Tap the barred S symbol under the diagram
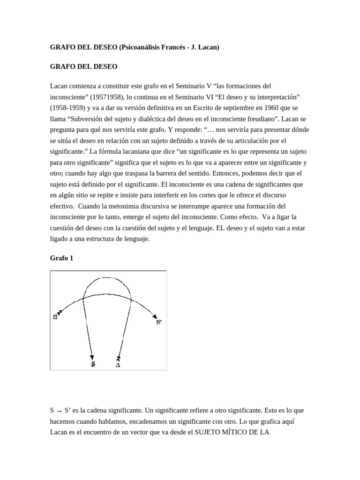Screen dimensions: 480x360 point(93,364)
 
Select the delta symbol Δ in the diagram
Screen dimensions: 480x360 point(118,364)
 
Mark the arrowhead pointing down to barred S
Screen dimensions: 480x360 point(92,357)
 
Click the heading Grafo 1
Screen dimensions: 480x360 point(61,258)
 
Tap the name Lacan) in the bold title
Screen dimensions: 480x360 point(207,47)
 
